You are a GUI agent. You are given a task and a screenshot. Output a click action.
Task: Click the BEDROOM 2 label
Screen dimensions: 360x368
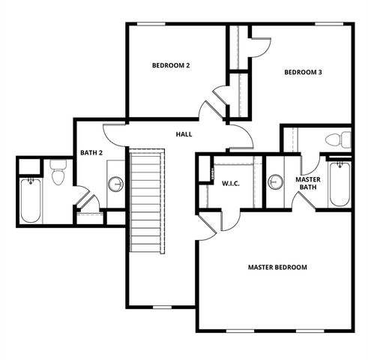171,66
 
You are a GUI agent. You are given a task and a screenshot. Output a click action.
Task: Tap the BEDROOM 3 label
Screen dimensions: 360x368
303,73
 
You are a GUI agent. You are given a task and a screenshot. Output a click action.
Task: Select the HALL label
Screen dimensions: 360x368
184,134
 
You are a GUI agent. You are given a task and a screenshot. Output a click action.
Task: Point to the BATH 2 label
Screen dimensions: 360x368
91,154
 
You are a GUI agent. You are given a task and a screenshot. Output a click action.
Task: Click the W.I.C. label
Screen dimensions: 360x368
230,182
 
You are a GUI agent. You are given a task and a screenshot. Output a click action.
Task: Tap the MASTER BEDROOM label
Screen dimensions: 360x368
277,267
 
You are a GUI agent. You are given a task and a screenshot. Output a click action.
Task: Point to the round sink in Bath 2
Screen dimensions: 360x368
115,183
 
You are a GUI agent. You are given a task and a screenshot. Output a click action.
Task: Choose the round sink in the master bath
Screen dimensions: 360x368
275,182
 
